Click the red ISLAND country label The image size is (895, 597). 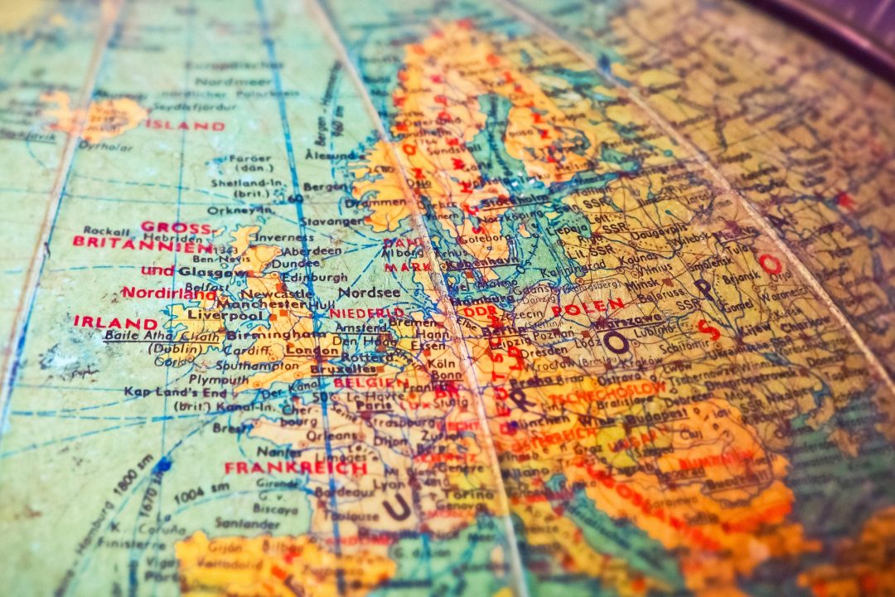[185, 126]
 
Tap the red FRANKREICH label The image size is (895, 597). [296, 468]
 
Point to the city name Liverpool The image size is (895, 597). [218, 315]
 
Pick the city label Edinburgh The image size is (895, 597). [314, 277]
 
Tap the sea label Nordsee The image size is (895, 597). [369, 293]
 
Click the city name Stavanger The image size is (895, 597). [331, 222]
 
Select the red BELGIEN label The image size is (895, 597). [365, 383]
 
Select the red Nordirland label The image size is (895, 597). [168, 293]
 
